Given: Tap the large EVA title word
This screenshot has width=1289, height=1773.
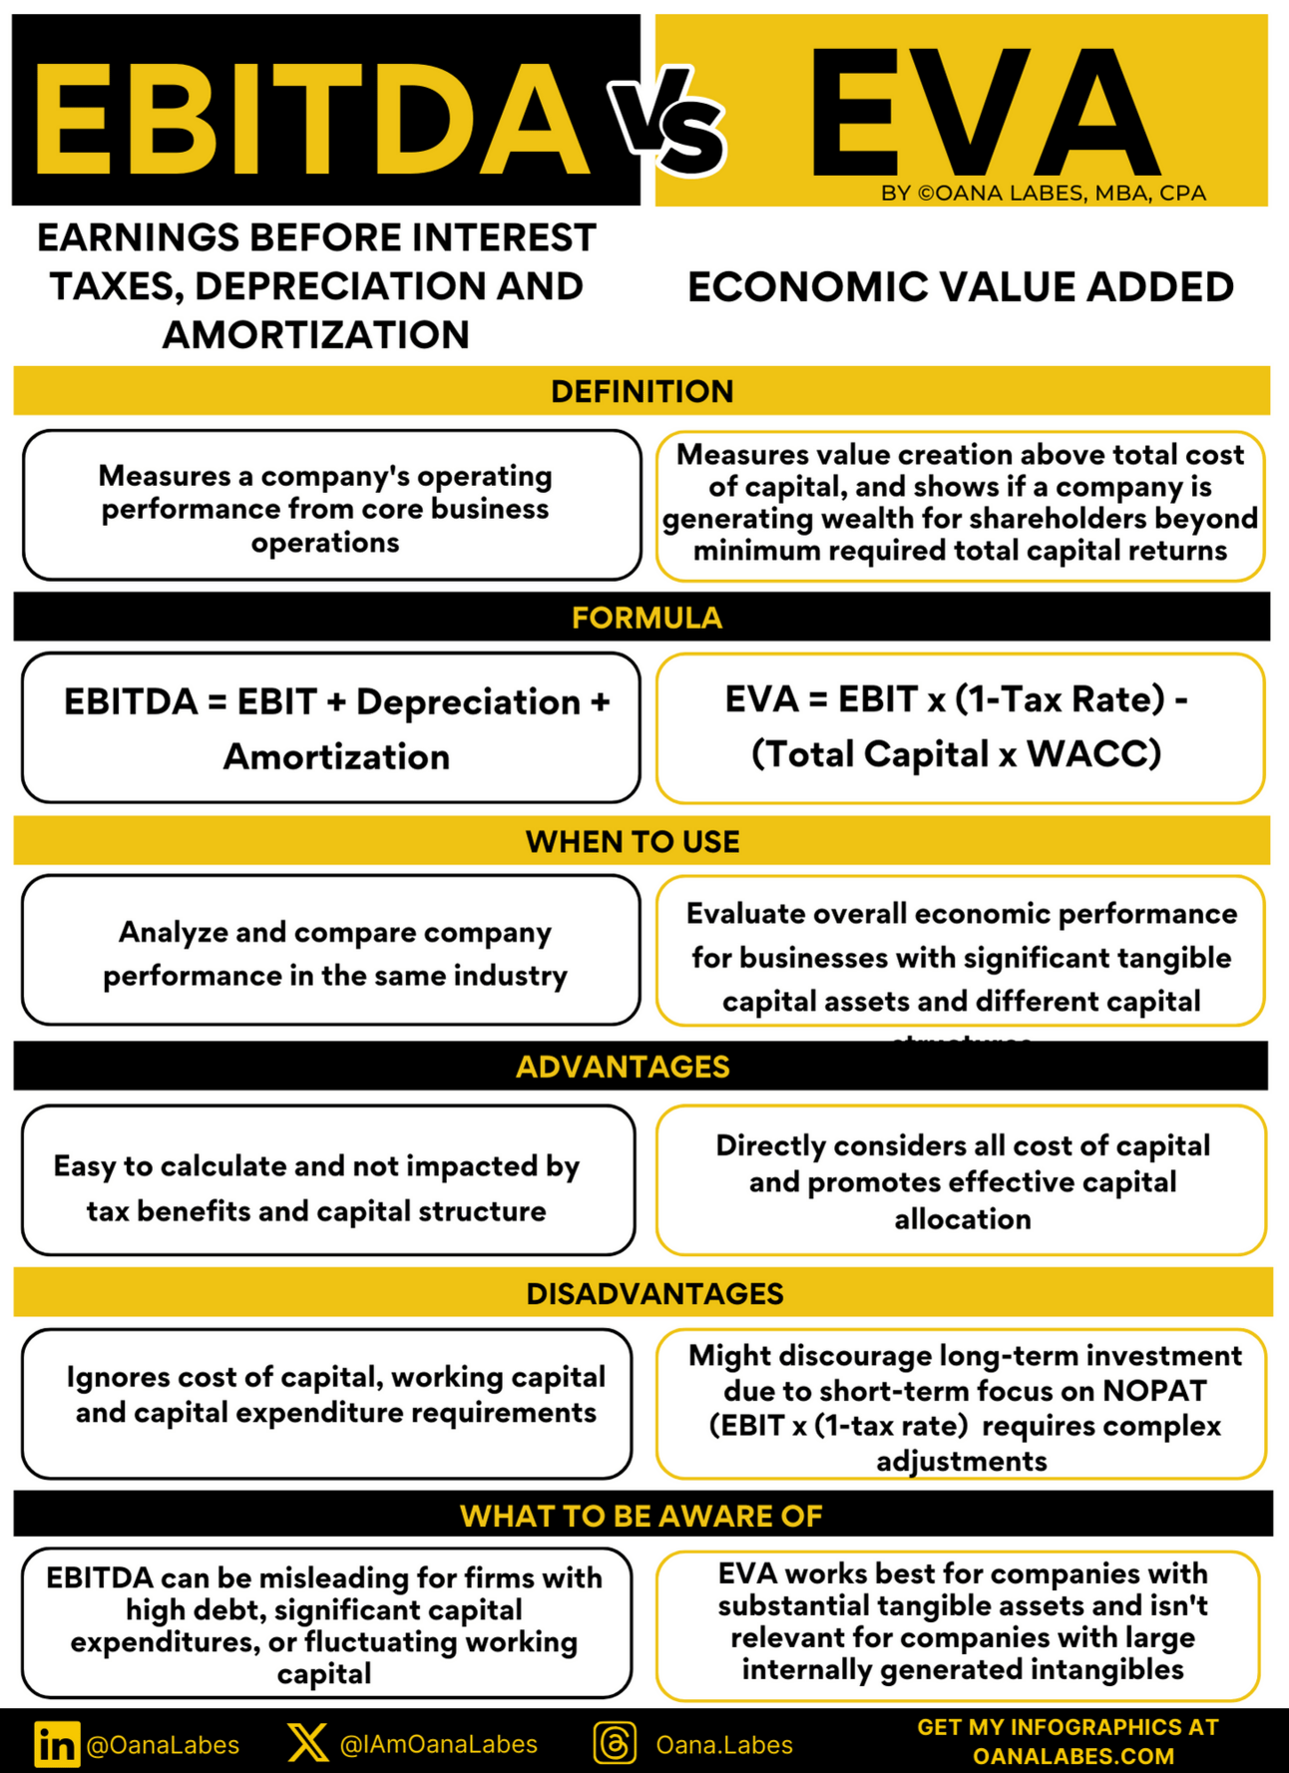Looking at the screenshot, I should (x=983, y=112).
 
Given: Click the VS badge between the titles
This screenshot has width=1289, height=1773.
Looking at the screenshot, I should (x=666, y=125).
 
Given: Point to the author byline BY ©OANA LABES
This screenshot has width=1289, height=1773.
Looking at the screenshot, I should (x=1044, y=193).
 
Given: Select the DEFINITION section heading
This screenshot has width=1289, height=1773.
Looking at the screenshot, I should (x=642, y=391).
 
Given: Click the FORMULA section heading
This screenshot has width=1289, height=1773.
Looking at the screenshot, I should (x=646, y=618).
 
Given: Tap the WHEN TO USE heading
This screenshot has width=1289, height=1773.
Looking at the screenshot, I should (x=633, y=841).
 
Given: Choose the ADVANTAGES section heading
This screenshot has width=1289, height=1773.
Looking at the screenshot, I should (x=623, y=1067).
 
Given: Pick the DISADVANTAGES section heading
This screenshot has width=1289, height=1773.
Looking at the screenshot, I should (x=654, y=1293).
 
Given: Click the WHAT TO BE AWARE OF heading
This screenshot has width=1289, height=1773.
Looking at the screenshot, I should (x=641, y=1516).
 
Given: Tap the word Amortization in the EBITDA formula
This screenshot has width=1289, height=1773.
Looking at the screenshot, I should (x=336, y=757).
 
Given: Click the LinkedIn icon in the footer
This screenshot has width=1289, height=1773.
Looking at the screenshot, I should (x=57, y=1743).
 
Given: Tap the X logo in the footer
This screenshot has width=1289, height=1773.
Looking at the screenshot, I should (x=306, y=1742).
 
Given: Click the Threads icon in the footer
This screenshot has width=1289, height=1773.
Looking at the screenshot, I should (x=615, y=1743).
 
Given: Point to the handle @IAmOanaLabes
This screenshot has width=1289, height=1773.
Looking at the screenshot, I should (x=439, y=1744).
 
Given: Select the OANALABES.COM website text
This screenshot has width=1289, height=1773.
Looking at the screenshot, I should (x=1073, y=1756).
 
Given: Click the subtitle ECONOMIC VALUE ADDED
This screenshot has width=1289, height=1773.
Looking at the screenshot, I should (x=960, y=287).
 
